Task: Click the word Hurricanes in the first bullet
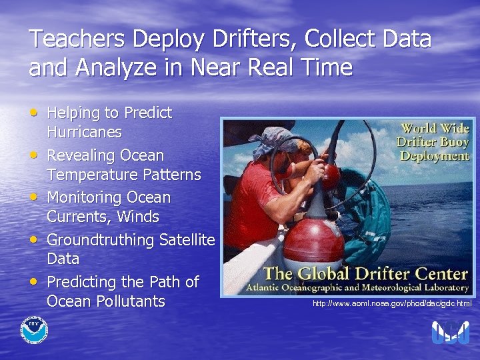point(84,132)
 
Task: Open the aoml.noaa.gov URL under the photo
point(392,304)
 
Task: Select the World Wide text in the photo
point(435,128)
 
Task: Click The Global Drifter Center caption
point(365,273)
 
